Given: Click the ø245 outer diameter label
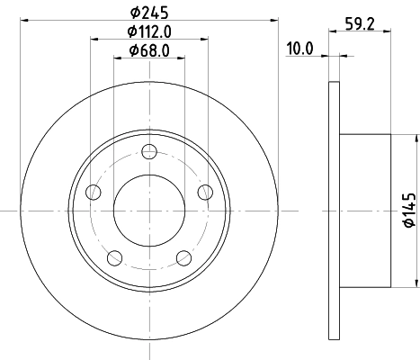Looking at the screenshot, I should click(x=148, y=12).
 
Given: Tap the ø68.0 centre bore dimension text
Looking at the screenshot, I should click(x=148, y=49).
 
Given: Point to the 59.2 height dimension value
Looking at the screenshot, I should click(x=358, y=24).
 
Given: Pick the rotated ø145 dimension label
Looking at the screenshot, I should click(x=407, y=209).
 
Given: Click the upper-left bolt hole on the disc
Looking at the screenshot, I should click(x=93, y=191).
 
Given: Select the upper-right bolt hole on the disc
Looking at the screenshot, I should click(x=204, y=191).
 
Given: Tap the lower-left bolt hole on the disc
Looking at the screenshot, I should click(x=113, y=258).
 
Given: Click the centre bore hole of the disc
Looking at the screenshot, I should click(x=148, y=209).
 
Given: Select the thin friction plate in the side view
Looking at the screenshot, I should click(x=334, y=209).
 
